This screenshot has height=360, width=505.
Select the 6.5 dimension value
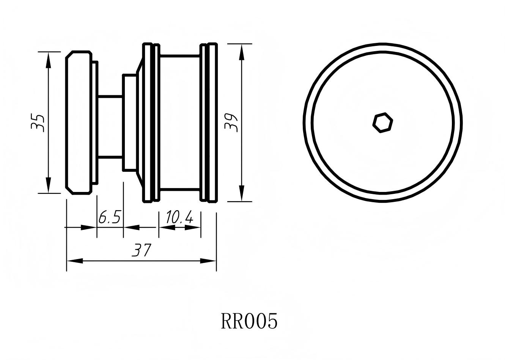click(109, 218)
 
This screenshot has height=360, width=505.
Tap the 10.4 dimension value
click(179, 218)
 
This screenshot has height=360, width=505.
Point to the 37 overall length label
click(142, 250)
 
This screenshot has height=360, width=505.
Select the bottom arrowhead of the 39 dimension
click(241, 193)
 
